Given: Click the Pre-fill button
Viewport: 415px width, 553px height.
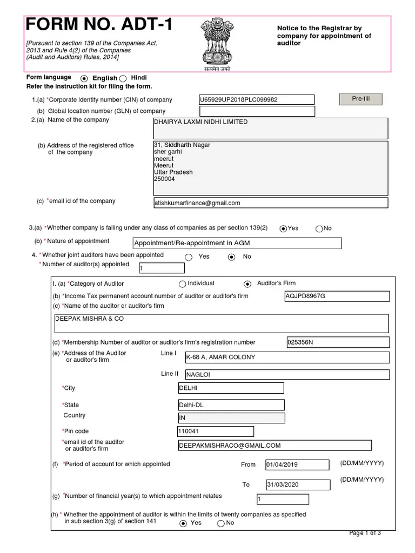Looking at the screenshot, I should click(x=360, y=99).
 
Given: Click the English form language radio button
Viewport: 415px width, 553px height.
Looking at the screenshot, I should click(x=84, y=78).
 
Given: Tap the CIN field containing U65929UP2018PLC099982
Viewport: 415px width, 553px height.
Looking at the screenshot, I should click(x=257, y=100).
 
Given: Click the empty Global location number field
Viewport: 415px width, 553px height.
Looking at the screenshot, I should click(x=257, y=111).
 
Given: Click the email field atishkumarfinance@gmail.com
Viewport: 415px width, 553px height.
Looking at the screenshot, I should click(x=270, y=203).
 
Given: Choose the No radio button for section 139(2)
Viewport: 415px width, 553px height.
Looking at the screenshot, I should click(x=319, y=228).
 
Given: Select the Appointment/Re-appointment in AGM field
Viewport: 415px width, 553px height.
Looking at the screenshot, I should click(x=237, y=243).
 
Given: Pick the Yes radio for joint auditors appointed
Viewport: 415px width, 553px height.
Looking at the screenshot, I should click(x=188, y=257).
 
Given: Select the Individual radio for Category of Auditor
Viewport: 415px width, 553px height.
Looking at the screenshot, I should click(x=182, y=284).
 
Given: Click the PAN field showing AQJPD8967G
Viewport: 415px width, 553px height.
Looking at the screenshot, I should click(x=336, y=296).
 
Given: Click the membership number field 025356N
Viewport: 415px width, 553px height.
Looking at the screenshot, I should click(x=337, y=342).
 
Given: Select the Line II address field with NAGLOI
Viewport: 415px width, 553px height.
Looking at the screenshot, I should click(x=287, y=374).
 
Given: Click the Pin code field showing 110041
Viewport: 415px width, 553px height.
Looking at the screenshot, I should click(x=215, y=431).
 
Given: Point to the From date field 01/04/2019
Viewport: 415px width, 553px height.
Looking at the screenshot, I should click(x=296, y=464).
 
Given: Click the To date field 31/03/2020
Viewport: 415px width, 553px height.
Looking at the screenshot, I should click(x=296, y=485).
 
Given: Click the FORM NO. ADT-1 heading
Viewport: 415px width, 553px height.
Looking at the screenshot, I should click(x=101, y=26).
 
